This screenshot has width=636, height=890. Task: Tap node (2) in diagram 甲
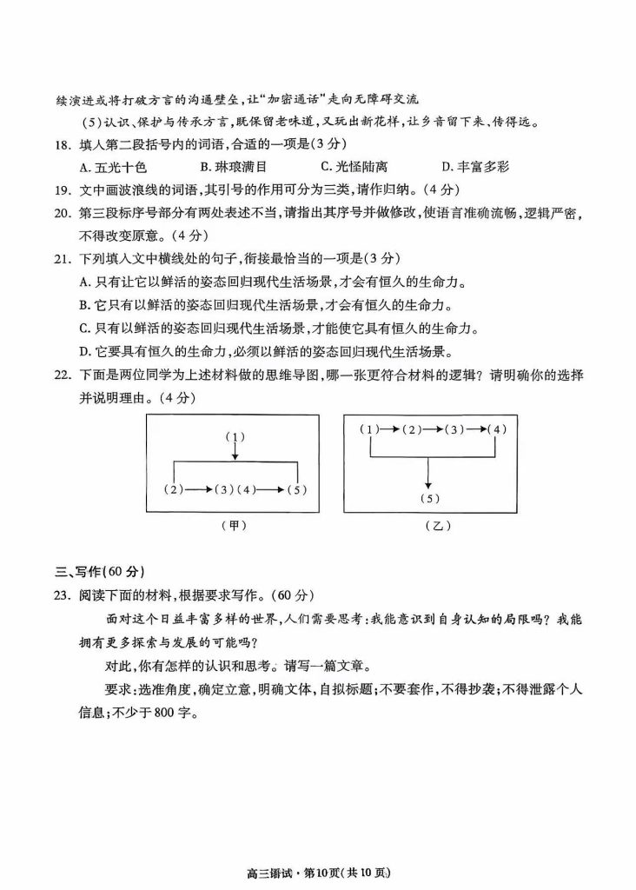point(175,489)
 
